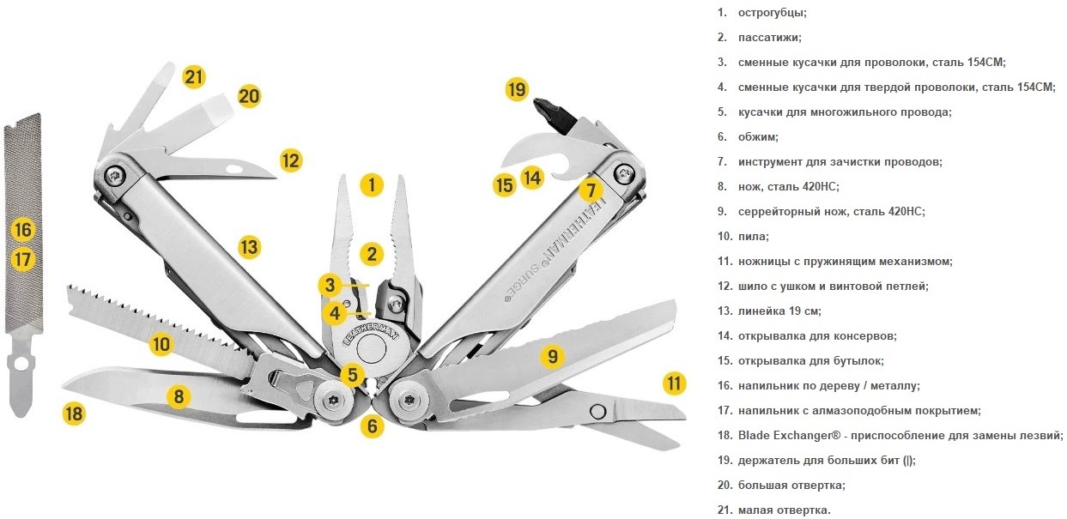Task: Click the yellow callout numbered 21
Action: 194,76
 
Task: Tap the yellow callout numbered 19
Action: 517,89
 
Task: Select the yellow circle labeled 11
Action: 674,383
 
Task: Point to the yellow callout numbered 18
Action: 75,413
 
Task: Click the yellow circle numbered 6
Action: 372,426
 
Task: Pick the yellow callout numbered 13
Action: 249,247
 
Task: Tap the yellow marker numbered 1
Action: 372,184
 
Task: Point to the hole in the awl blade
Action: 233,168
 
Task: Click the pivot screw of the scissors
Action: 597,412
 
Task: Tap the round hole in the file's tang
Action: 21,365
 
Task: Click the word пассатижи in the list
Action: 769,38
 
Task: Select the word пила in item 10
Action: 753,237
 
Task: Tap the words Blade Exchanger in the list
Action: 789,435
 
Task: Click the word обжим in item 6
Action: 758,137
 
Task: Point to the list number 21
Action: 724,510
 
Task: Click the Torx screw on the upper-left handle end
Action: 115,175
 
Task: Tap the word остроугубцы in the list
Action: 773,13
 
